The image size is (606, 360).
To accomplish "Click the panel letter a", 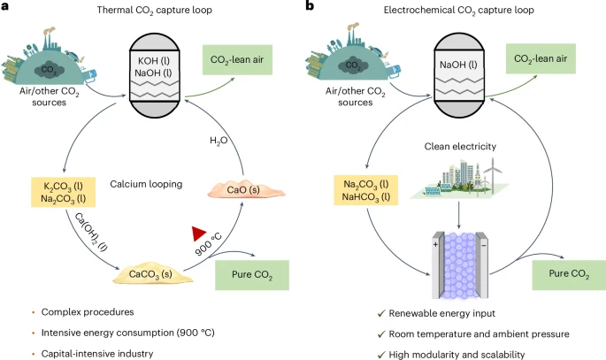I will [x=6, y=7].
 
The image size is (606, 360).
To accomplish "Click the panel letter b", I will [x=310, y=7].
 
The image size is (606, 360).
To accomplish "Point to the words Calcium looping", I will [x=147, y=185].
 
